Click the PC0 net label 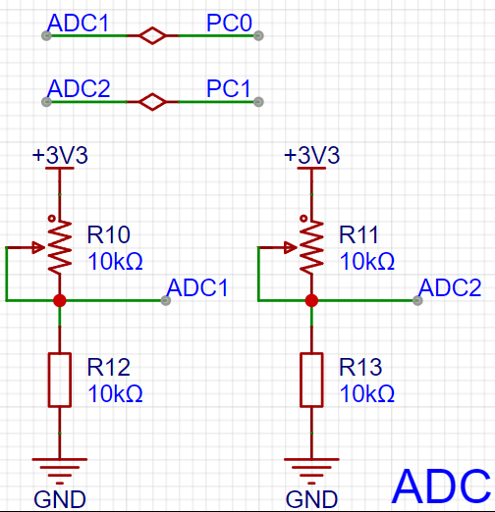(x=229, y=23)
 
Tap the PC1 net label (x=229, y=88)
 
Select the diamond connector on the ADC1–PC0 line (x=152, y=35)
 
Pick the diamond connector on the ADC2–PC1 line (x=152, y=102)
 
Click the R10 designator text (x=109, y=234)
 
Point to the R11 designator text (x=358, y=234)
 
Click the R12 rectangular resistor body (x=60, y=380)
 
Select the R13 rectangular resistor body (x=311, y=380)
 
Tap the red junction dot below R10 (x=60, y=300)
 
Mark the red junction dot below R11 (x=311, y=300)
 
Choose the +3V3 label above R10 (x=60, y=155)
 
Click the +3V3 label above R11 (x=312, y=155)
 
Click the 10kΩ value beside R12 (x=115, y=393)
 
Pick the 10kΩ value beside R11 (x=367, y=261)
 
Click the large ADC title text (x=441, y=486)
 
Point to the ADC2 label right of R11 (x=450, y=287)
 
